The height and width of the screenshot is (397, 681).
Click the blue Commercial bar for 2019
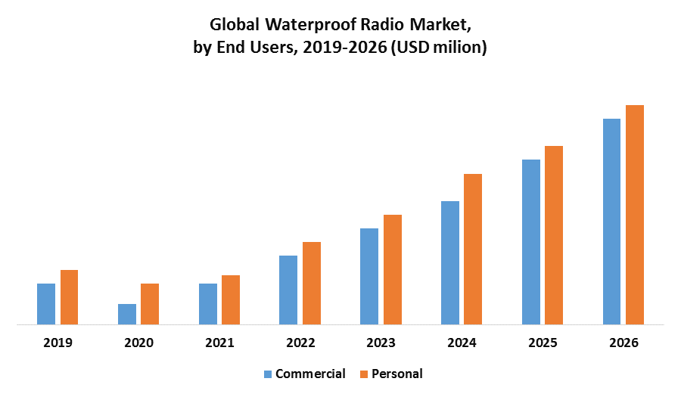pos(46,304)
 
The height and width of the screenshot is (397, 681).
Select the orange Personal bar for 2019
pos(69,297)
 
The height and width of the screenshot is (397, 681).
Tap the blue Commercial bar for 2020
pos(127,315)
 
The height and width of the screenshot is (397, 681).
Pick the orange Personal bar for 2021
pos(231,300)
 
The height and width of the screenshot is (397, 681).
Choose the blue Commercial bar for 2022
pos(288,290)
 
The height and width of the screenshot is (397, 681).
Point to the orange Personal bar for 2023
pos(393,270)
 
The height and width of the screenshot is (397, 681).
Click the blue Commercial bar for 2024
pos(450,263)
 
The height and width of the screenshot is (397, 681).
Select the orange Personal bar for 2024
pos(473,250)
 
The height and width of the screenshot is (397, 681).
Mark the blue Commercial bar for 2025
pos(531,242)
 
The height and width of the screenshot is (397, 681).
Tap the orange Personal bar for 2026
pos(635,215)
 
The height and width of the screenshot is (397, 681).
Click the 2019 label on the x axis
pos(58,343)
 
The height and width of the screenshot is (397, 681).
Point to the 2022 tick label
pos(300,343)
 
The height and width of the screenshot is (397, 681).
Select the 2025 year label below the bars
pos(543,343)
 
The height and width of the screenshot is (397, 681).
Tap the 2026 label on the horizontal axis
pos(623,343)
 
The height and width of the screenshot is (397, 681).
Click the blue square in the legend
pos(267,374)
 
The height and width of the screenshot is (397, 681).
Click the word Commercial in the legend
pos(310,374)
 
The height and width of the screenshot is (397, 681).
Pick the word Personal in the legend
pos(396,374)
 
